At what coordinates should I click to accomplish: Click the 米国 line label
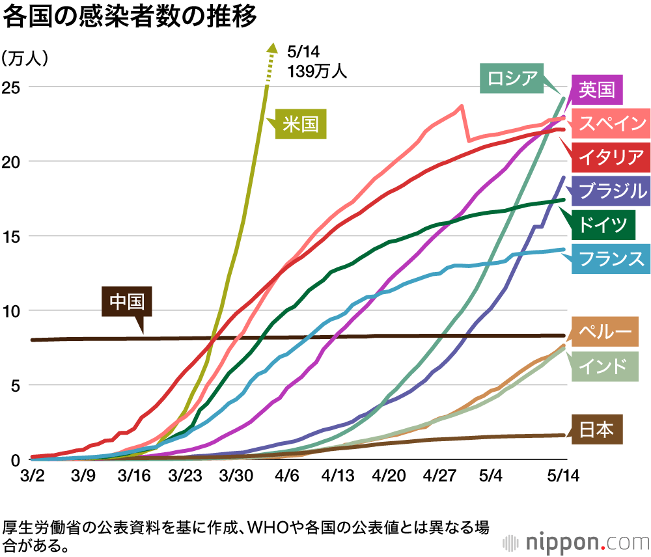(301, 123)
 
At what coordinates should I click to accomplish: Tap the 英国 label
(596, 89)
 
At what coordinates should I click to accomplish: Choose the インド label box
(603, 364)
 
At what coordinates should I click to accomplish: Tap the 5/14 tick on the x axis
(563, 476)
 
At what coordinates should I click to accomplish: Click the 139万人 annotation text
(317, 71)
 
